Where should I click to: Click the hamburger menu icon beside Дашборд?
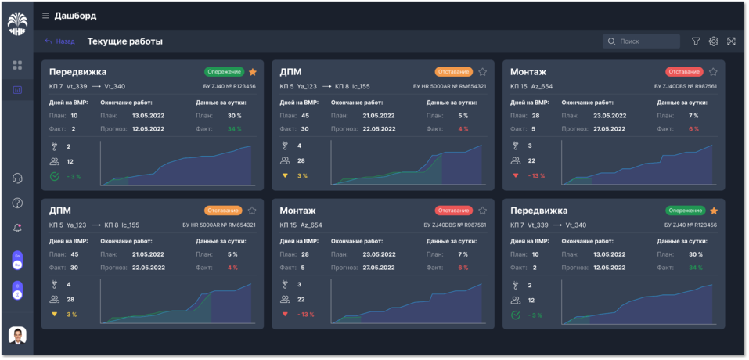pos(45,16)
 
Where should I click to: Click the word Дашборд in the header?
pos(75,16)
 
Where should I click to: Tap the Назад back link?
pos(60,41)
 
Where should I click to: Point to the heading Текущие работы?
pos(124,41)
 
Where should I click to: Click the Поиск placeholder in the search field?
pos(630,41)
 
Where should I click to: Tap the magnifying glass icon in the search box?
pos(610,41)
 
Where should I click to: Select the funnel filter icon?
pos(696,41)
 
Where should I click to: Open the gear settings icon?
pos(713,41)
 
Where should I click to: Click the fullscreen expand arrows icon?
pos(731,41)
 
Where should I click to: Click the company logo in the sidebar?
pos(17,24)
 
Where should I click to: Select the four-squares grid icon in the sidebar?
pos(17,66)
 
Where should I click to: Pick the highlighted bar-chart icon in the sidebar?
pos(17,90)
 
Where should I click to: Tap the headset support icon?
pos(17,178)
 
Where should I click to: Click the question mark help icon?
pos(17,203)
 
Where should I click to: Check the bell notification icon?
pos(17,228)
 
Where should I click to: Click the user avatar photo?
pos(17,336)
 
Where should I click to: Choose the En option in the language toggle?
pos(17,255)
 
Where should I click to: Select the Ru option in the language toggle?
pos(17,265)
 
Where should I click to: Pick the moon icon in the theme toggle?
pos(17,294)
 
